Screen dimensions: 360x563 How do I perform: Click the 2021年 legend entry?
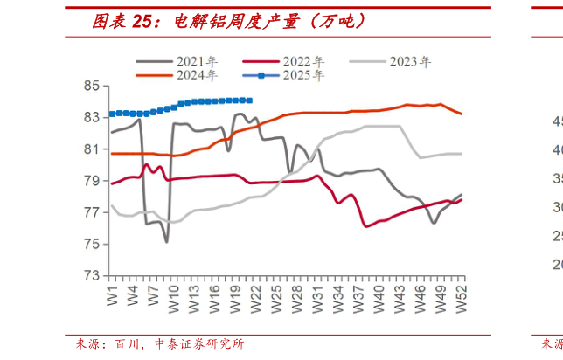190,62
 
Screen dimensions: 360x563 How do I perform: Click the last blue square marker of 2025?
250,100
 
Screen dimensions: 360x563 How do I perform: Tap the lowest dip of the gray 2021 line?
166,241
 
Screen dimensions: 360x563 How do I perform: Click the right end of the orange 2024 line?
462,114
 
